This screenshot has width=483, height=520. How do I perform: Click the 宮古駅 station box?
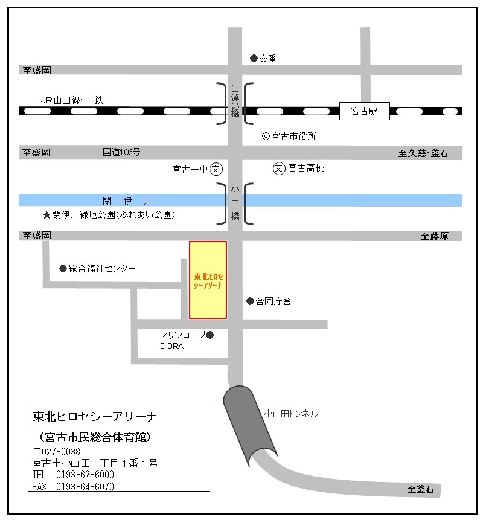point(364,111)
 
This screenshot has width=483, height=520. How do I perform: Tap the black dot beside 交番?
point(254,59)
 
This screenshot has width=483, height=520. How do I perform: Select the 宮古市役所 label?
point(293,136)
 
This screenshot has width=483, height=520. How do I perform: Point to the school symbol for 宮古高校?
point(278,168)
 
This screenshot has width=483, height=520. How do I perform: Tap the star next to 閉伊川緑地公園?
point(46,214)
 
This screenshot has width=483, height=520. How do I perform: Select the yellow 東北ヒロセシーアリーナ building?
point(208,280)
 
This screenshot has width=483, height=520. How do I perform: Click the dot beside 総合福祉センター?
point(62,268)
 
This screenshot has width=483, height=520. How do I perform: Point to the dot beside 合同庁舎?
point(250,301)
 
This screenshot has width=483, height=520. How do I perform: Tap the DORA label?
point(171,347)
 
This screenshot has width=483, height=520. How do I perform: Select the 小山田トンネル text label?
point(290,414)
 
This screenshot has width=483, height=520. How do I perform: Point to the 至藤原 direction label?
point(435,236)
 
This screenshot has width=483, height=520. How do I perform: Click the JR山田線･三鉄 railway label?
point(72,100)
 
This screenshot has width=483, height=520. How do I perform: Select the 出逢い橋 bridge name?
point(235,101)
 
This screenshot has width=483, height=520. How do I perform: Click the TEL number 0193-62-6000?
point(85,475)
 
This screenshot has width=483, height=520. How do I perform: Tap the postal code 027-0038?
point(61,452)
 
